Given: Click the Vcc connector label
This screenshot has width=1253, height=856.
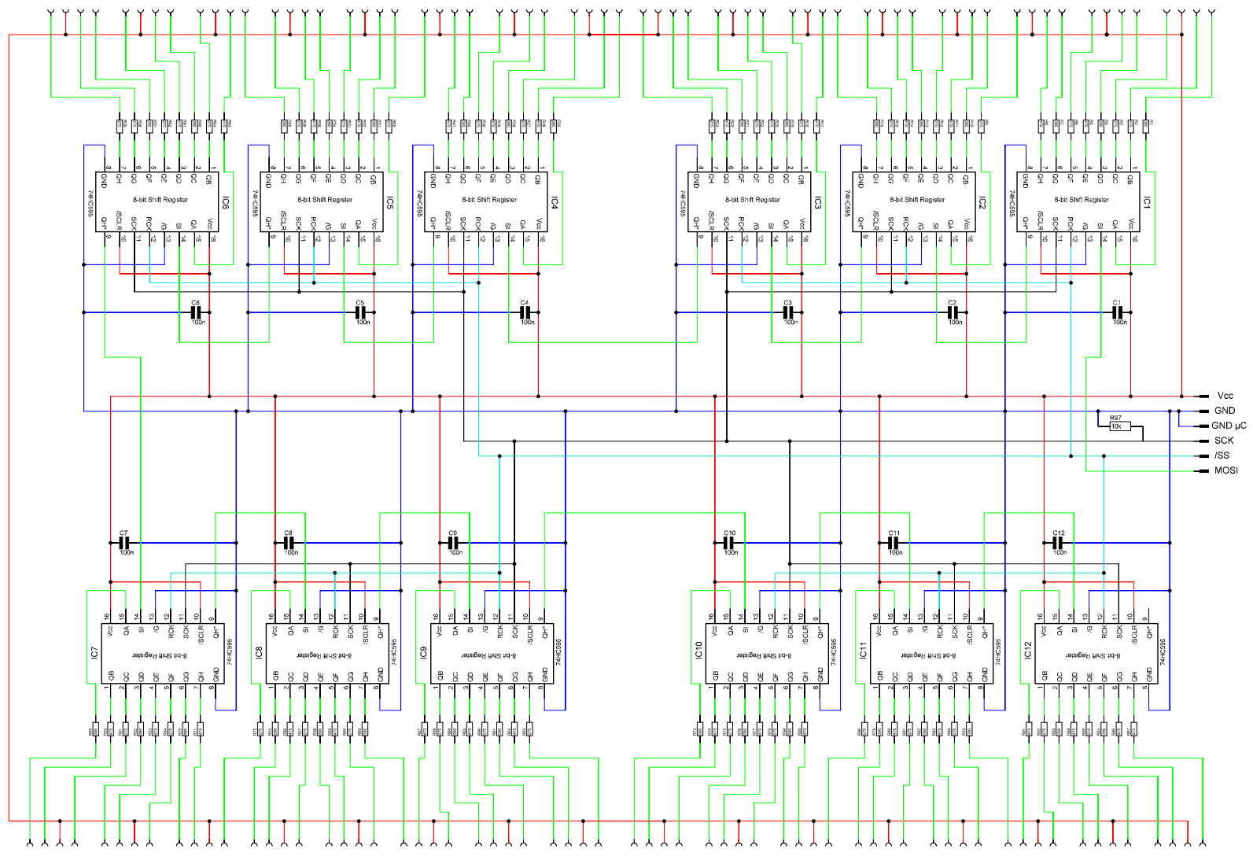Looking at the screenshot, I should pos(1225,396).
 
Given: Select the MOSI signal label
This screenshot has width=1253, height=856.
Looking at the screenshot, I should pos(1225,470).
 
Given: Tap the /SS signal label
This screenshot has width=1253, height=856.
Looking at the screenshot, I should pos(1222,456).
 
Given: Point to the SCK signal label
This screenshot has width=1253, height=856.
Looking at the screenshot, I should pos(1224,441).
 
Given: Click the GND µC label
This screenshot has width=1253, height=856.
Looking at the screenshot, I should pos(1229,426).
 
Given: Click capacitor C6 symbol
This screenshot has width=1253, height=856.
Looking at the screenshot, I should pos(196,312).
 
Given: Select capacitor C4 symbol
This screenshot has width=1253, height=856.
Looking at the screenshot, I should pos(525,312).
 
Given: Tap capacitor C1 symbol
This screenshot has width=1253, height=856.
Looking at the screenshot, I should pos(1118,312).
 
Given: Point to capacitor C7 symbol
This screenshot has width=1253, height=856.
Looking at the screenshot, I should pos(124,543).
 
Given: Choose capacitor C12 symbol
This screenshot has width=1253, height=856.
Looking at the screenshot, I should pos(1059,543).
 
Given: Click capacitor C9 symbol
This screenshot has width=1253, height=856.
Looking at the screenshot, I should pos(453,543).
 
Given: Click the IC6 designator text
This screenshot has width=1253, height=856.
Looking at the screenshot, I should pos(226,203).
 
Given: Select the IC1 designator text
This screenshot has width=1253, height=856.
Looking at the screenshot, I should pos(1148,203).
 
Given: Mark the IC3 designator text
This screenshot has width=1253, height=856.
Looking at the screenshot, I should pos(818,203).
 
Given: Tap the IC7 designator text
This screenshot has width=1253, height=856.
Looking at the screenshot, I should pos(94,652).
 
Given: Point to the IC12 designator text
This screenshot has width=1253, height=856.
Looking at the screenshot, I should pos(1027,651).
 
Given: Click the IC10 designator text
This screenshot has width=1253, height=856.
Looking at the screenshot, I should pos(698,651).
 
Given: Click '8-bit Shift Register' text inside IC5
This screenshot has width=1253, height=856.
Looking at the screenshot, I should pos(325,200).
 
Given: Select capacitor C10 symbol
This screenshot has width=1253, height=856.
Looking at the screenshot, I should pos(729,543).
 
